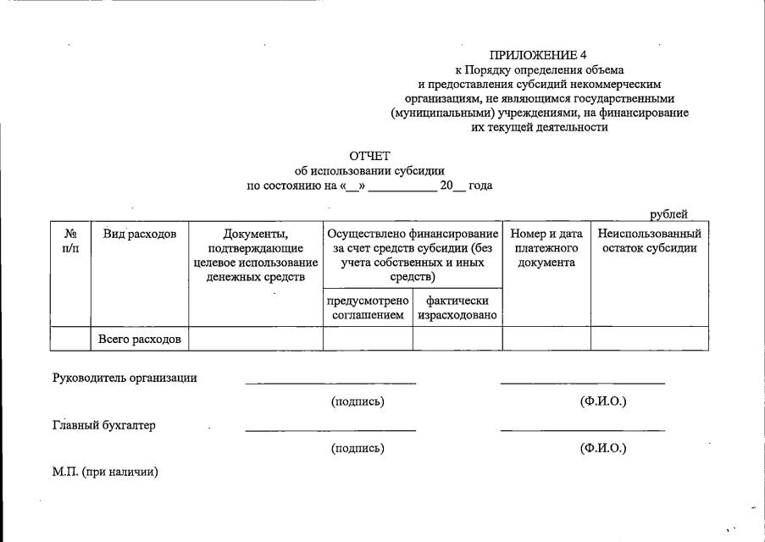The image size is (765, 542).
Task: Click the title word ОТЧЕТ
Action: [369, 156]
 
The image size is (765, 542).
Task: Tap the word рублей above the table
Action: [668, 215]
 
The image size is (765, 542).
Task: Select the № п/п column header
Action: [70, 241]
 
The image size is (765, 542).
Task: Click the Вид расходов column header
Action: [140, 234]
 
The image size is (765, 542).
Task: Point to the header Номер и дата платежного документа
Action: [546, 247]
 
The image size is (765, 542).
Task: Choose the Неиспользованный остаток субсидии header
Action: [649, 241]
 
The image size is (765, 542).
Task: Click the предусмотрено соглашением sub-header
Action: [368, 308]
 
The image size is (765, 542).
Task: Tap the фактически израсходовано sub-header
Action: [457, 308]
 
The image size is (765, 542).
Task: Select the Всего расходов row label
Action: [140, 339]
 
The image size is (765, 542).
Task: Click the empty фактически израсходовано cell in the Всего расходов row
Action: [457, 339]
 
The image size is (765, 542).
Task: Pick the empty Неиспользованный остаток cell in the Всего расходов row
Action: [649, 339]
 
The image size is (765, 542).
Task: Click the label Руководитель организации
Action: [125, 378]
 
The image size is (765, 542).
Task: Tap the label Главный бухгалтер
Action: [104, 425]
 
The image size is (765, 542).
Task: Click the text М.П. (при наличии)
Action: [105, 472]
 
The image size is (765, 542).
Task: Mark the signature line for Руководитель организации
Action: [330, 382]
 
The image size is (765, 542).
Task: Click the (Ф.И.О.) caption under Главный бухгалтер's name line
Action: [603, 448]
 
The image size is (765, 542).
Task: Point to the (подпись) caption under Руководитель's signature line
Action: [358, 401]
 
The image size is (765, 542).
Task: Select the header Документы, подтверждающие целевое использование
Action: [255, 255]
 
